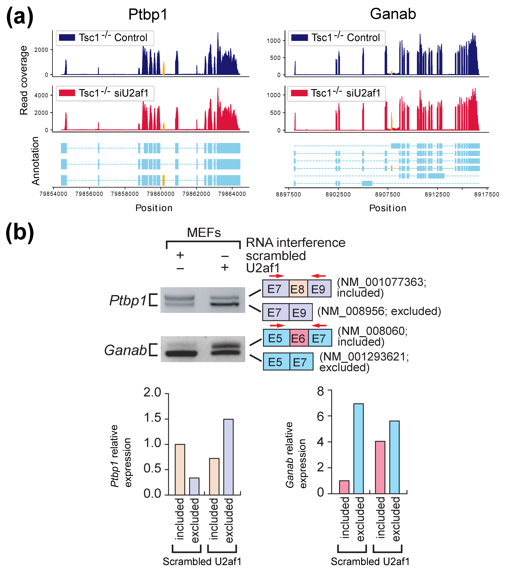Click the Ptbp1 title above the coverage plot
148,14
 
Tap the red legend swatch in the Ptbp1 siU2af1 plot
67,93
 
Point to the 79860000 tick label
161,194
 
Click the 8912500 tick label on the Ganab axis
437,194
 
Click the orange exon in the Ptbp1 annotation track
163,180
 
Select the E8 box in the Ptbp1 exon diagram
298,289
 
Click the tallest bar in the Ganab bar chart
359,449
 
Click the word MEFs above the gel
204,233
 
